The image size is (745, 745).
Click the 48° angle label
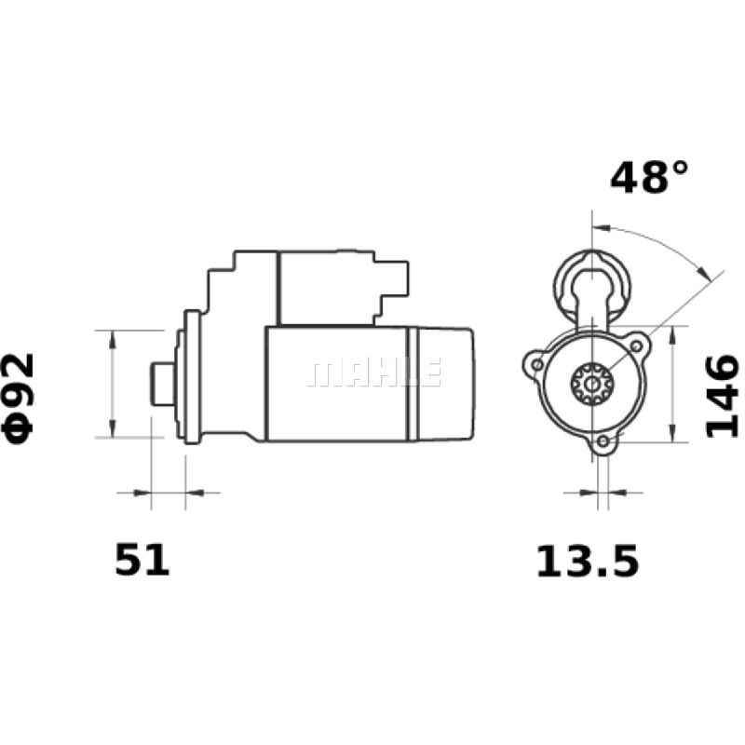point(649,177)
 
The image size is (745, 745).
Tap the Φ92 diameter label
point(19,399)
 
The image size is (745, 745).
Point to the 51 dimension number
point(142,561)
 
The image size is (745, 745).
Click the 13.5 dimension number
point(588,562)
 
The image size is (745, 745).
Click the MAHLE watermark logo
point(375,373)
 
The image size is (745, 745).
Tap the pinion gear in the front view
point(591,384)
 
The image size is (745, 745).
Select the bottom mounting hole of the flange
point(603,441)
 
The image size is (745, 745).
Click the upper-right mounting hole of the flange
point(636,346)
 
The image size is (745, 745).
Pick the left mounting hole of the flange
point(537,365)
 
